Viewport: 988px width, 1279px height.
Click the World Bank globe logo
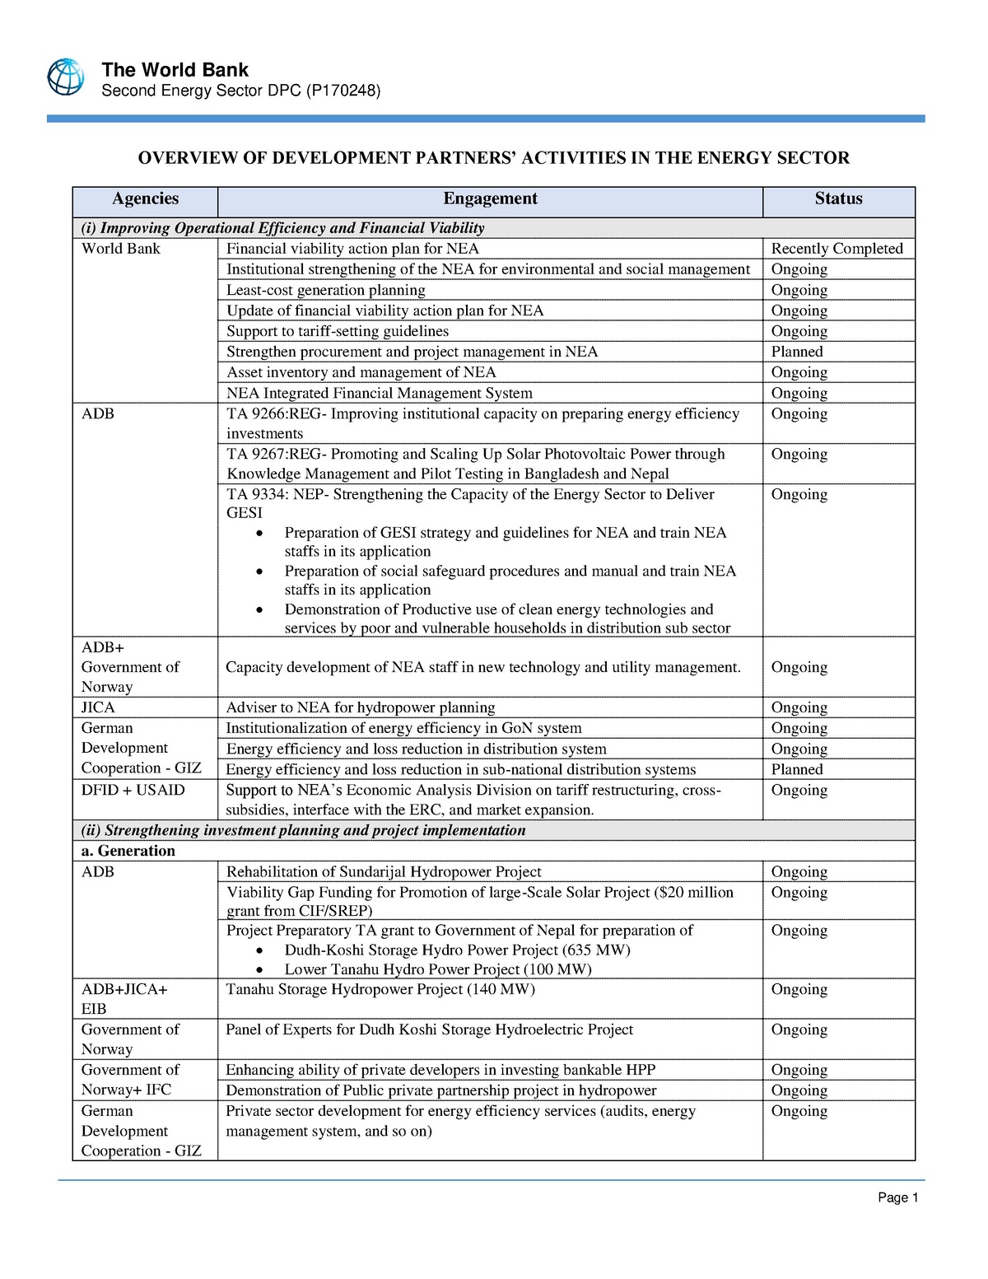tap(65, 77)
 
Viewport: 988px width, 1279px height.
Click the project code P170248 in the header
tap(343, 91)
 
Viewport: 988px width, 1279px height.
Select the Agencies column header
tap(145, 198)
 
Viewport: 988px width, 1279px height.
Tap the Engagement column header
tap(490, 198)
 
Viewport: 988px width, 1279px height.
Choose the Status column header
tap(838, 198)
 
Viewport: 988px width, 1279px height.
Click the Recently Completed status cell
tap(837, 249)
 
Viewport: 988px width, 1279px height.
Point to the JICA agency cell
tap(98, 707)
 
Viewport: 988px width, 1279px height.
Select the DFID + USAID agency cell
tap(133, 790)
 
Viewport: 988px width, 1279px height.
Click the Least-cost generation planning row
tap(326, 290)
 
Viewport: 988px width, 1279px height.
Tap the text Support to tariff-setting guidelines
tap(338, 331)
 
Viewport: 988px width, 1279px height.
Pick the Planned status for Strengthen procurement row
tap(796, 352)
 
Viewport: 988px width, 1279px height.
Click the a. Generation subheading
tap(128, 851)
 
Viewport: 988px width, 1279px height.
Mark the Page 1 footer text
tap(897, 1197)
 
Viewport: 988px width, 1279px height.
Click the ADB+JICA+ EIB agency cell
tap(123, 998)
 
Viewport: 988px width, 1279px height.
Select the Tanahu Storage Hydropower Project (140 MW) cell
tap(380, 989)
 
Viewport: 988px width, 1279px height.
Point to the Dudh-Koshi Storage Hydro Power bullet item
tap(457, 950)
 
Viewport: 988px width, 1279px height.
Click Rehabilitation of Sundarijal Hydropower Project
tap(384, 871)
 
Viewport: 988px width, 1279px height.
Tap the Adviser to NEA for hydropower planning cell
tap(361, 707)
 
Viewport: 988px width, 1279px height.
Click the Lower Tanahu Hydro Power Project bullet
tap(438, 969)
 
